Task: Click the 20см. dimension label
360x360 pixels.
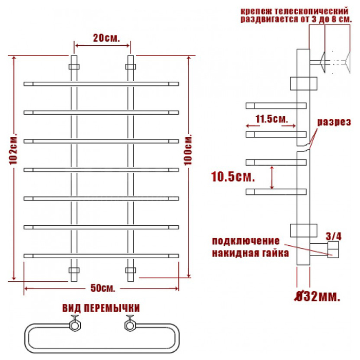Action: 106,38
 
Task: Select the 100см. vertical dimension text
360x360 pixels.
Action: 188,150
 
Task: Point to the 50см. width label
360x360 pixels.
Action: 102,288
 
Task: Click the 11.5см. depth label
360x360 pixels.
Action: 272,119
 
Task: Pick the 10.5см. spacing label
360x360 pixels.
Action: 233,177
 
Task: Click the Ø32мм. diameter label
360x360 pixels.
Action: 317,296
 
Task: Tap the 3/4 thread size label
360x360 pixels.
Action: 334,236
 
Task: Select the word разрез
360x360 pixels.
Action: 334,122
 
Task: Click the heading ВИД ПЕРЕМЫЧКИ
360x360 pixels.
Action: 101,308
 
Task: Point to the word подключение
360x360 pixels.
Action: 246,241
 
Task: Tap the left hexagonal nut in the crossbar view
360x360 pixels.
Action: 75,326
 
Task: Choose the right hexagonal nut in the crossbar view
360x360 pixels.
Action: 131,326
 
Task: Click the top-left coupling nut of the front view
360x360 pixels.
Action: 74,66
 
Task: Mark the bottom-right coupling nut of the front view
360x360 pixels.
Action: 131,270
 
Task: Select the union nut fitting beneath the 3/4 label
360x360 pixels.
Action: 333,249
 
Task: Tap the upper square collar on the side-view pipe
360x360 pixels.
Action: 303,83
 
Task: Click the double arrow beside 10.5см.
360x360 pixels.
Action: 272,177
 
